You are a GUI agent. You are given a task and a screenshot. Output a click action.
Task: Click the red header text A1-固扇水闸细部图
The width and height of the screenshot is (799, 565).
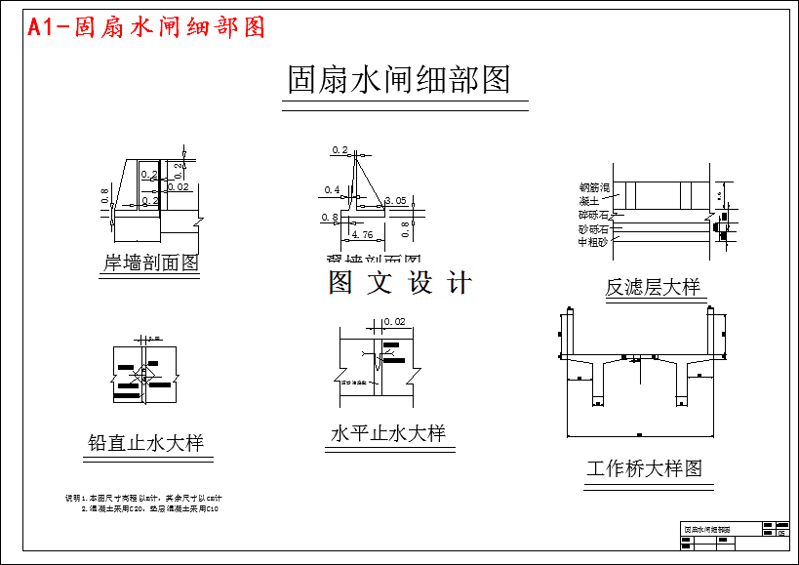coord(146,27)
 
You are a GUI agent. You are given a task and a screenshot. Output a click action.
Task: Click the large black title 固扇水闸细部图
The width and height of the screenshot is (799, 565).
coord(399,79)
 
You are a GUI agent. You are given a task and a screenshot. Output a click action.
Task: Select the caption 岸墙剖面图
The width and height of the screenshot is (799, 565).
coord(151,262)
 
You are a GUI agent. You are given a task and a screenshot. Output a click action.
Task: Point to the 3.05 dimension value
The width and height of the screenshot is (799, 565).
coord(396,200)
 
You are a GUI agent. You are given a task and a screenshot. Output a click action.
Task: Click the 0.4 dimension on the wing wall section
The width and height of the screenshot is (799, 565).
coord(332,190)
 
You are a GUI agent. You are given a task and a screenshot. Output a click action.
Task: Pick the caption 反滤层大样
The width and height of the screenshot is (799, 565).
coord(653,287)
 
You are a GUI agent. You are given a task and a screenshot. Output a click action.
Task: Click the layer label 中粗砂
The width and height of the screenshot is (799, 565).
coord(593,242)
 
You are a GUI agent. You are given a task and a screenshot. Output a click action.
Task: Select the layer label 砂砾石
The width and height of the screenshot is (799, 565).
coord(593,228)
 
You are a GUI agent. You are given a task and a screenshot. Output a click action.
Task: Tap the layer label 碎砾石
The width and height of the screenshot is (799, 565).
coord(593,215)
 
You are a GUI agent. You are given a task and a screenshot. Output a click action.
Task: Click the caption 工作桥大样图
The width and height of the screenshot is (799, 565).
coord(644,468)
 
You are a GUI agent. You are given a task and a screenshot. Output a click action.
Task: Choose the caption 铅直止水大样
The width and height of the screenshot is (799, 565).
coord(145,443)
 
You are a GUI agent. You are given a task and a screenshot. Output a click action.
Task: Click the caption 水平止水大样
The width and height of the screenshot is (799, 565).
coord(387,433)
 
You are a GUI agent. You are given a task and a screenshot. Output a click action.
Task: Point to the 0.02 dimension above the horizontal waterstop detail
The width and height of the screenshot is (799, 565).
coord(394,321)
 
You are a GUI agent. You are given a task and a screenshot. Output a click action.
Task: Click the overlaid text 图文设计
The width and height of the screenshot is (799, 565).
coord(400,283)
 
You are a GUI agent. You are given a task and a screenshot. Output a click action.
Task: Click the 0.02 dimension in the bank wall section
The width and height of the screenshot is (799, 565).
coord(179,186)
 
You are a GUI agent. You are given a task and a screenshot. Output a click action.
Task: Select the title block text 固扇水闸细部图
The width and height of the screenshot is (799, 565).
coord(706,529)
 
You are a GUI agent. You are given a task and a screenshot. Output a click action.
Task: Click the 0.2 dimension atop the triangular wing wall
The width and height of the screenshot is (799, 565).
coord(340,150)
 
